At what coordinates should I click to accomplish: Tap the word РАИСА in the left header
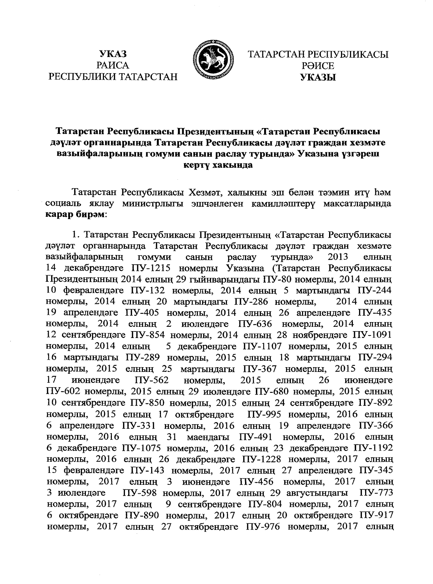pyautogui.click(x=113, y=65)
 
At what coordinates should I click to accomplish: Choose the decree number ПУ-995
pyautogui.click(x=266, y=414)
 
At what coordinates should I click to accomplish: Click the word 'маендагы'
pyautogui.click(x=210, y=436)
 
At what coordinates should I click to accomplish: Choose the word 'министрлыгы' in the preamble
pyautogui.click(x=152, y=203)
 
